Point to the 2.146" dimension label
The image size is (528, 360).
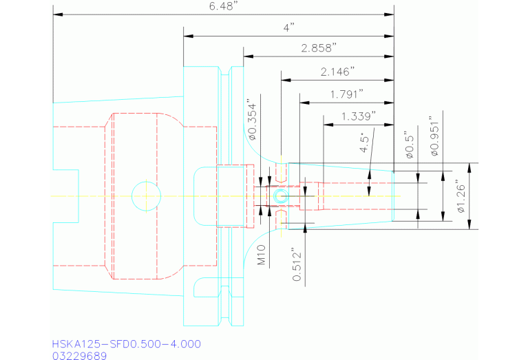337,72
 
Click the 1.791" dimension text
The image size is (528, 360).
347,94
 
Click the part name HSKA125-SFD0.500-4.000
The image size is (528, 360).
126,343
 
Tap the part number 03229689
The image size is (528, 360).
79,355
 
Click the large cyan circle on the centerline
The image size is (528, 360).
145,195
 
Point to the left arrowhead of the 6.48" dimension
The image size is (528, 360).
56,14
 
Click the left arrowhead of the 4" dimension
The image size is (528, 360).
187,36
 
